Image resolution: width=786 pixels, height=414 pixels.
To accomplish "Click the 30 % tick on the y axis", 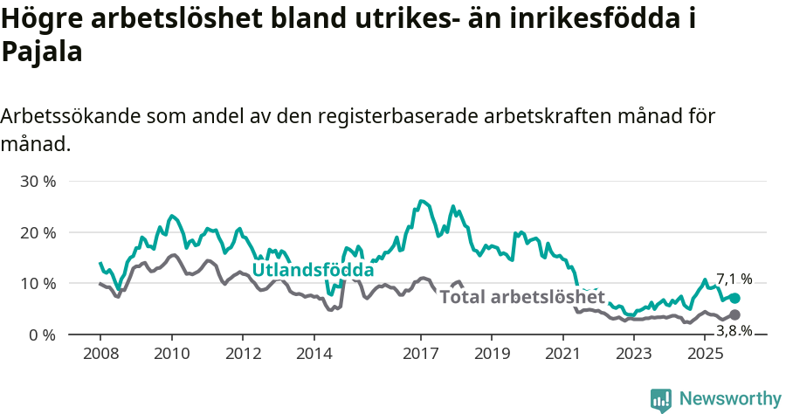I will [38, 182].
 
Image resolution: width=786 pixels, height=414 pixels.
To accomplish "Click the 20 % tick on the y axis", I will [38, 232].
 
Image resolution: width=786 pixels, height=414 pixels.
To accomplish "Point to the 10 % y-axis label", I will [38, 284].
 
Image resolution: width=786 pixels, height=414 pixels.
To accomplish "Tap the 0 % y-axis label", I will [42, 335].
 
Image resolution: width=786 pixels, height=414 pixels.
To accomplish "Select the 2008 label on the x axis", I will [100, 353].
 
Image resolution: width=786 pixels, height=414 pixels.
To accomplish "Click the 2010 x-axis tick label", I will [171, 353].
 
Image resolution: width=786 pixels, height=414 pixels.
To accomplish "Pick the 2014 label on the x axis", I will [314, 353].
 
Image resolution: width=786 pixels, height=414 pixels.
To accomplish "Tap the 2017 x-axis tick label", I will [420, 353].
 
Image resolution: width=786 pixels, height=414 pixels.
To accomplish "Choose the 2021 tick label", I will [562, 353].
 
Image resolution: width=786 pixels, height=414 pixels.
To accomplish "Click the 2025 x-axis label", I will [704, 353].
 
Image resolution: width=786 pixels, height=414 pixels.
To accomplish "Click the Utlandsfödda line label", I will [313, 270].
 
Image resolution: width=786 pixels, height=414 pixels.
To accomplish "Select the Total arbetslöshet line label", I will [522, 296].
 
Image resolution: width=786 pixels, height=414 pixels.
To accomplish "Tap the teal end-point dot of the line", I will [734, 299].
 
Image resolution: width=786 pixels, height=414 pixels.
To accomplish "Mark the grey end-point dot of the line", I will [734, 314].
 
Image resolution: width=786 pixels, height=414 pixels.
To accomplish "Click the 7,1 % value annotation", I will [734, 279].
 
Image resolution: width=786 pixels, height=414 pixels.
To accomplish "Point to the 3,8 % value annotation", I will [734, 330].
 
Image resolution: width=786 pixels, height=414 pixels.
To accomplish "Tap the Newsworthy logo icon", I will [661, 399].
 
